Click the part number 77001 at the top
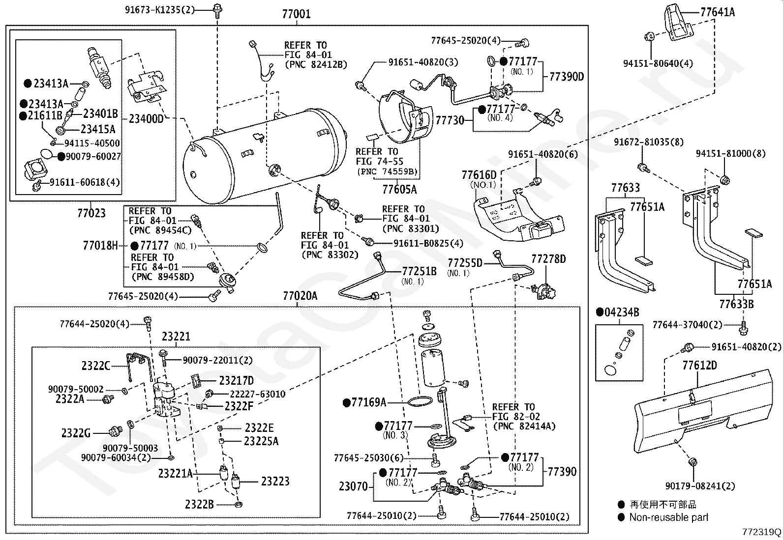click(296, 14)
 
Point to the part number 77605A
click(399, 189)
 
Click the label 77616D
click(479, 174)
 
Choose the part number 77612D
click(699, 365)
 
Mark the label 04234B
click(621, 313)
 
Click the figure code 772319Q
click(762, 532)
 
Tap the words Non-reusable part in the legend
click(669, 517)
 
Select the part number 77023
click(91, 213)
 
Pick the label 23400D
click(146, 118)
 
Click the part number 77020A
click(300, 296)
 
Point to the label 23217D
click(236, 381)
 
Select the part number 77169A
click(368, 403)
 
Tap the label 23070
click(353, 486)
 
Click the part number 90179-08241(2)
click(700, 486)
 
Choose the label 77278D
click(548, 258)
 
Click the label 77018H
click(100, 245)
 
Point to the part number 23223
click(275, 481)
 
